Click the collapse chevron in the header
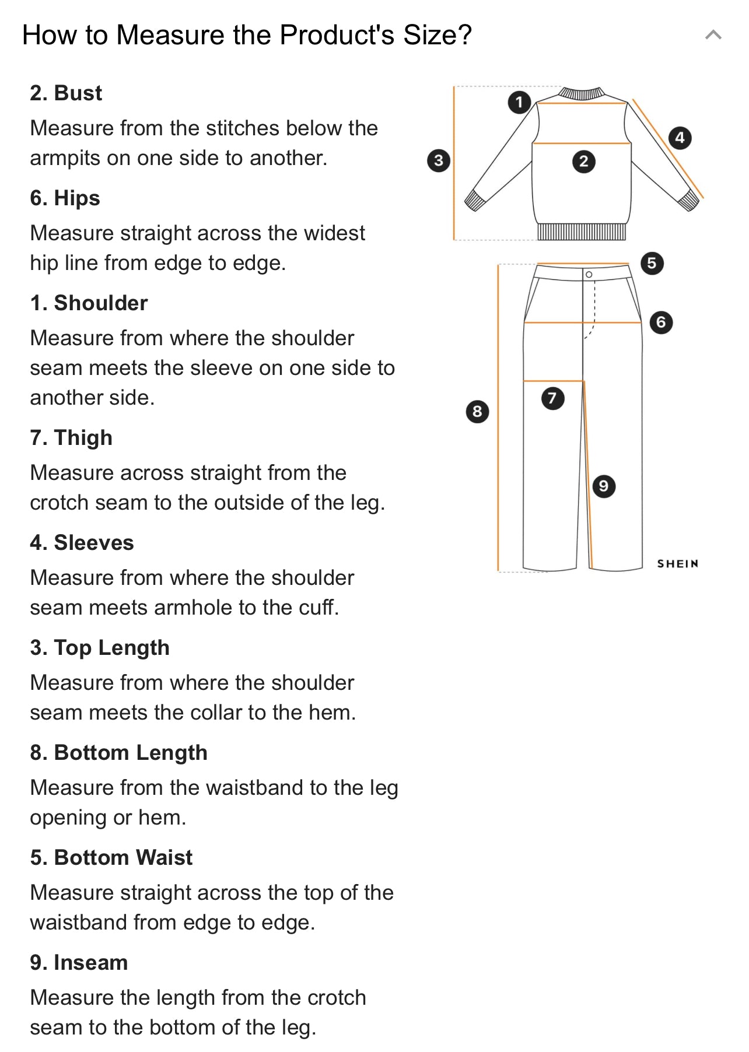click(713, 35)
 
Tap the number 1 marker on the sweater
click(519, 102)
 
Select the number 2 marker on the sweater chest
click(584, 162)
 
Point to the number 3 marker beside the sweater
click(439, 160)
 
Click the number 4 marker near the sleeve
click(680, 138)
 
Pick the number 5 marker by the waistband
click(652, 263)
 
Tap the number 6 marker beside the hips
click(661, 322)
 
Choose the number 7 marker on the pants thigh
click(552, 398)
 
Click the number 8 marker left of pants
click(477, 412)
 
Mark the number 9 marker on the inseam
click(604, 486)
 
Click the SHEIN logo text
click(678, 563)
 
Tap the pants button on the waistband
click(589, 274)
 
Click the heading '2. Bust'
click(66, 93)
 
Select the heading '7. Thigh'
click(71, 438)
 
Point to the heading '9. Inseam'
click(79, 963)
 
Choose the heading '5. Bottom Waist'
click(111, 858)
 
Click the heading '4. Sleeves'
click(82, 543)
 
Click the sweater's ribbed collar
click(582, 93)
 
